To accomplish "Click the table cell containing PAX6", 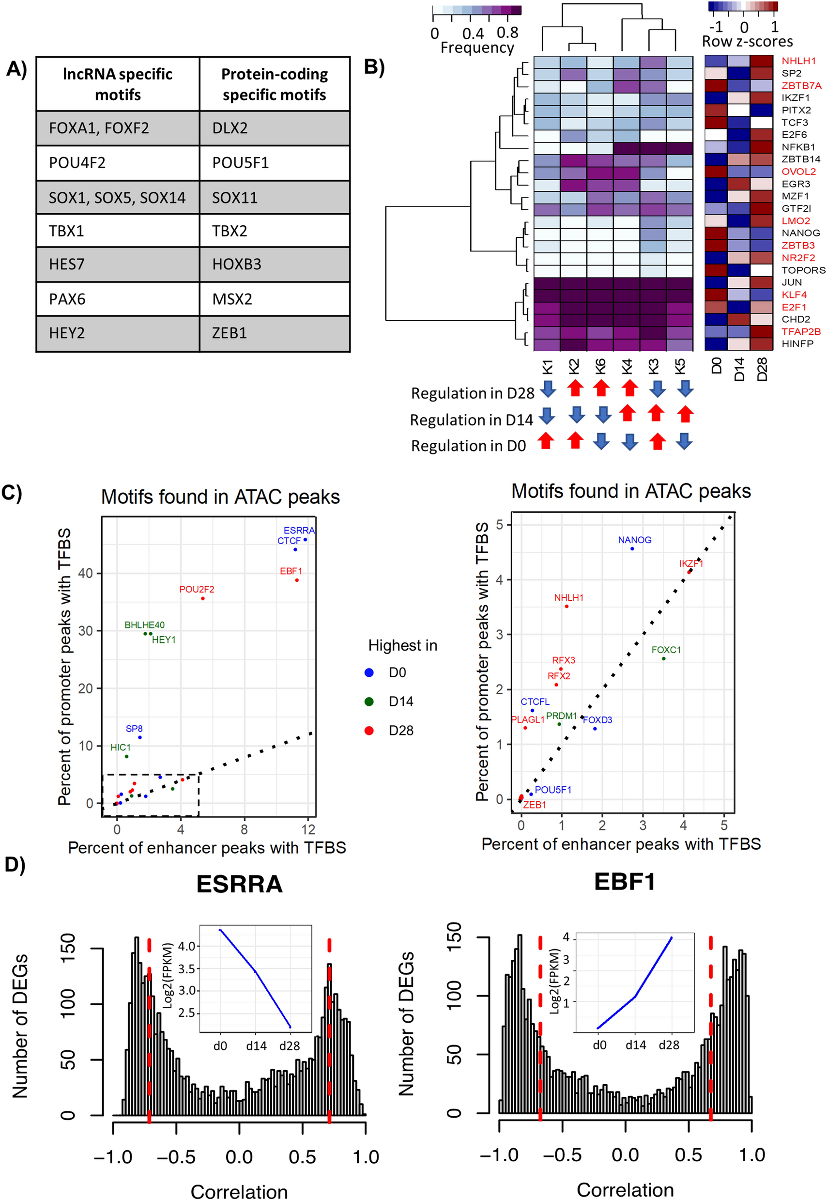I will pos(118,299).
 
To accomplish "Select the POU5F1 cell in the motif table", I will pos(274,163).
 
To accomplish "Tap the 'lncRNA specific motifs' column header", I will pos(118,84).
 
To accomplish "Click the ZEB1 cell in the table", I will pos(274,333).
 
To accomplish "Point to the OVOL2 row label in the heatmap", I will pos(798,172).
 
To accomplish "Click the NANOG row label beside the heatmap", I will pos(800,233).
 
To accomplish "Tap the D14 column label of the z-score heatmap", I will pos(739,369).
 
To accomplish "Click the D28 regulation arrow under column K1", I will pos(548,389).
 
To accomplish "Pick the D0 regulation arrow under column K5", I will pos(685,441).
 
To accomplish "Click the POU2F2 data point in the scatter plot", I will pos(202,599).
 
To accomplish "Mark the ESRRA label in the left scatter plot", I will pos(299,530).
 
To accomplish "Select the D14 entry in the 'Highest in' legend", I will pos(400,702).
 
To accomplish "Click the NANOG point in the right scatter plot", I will pos(632,548).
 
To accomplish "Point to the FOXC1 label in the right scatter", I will pos(666,650).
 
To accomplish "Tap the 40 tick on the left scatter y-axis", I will pos(86,573).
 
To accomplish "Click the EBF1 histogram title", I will pos(625,882).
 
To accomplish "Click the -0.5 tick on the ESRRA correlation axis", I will pos(176,1157).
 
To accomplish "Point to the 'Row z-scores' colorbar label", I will pos(747,42).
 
